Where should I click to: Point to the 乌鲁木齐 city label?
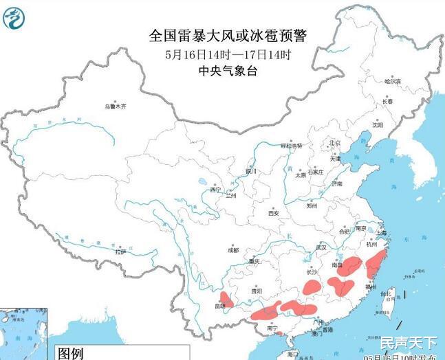point(116,106)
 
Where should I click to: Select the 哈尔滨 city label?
point(393,81)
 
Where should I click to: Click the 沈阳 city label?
point(378,125)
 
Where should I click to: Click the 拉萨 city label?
point(121,252)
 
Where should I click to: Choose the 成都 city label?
point(233,250)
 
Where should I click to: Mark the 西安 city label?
point(273,213)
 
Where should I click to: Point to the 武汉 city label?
point(321,247)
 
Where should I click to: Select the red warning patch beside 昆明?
point(226,297)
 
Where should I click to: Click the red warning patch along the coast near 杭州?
point(375,264)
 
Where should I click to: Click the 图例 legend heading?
point(70,353)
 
